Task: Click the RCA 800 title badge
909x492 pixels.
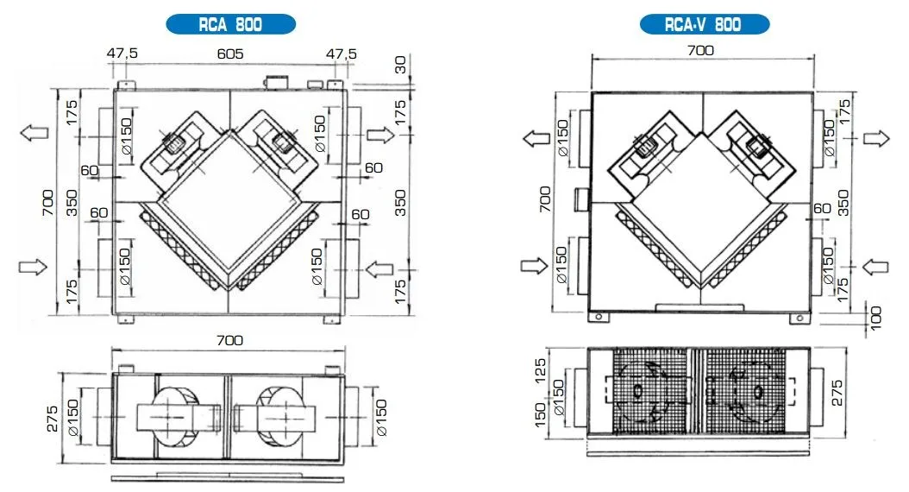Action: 231,24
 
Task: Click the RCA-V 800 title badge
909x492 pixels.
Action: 705,24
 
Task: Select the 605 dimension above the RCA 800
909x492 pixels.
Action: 230,54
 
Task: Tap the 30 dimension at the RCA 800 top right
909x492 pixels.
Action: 400,65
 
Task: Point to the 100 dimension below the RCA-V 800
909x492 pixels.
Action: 876,319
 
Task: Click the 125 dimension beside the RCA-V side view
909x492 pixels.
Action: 540,371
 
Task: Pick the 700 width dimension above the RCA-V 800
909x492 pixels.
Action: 700,50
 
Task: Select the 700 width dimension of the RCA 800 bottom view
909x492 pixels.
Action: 230,340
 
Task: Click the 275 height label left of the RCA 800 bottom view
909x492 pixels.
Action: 52,419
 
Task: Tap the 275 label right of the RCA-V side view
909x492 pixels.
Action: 837,393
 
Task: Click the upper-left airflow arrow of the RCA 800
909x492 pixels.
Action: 34,133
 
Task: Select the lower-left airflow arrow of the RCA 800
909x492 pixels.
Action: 33,267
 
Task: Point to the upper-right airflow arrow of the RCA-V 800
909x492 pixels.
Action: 876,139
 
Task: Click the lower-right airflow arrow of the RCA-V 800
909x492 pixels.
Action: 875,267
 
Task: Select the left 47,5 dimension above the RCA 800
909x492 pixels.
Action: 122,54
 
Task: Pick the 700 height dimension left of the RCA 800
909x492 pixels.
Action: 47,203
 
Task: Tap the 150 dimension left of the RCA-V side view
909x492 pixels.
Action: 540,415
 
